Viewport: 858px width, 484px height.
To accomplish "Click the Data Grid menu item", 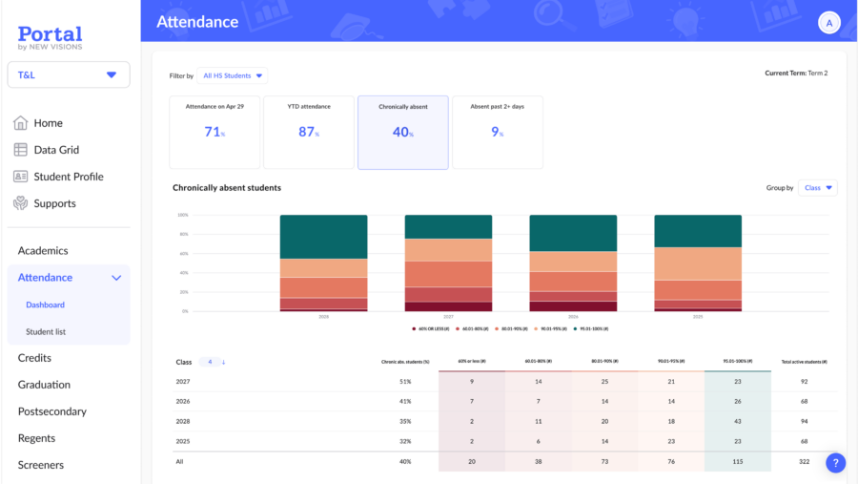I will click(x=56, y=150).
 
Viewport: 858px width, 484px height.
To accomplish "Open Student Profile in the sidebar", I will click(x=68, y=177).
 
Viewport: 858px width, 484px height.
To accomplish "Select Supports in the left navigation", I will click(x=54, y=203).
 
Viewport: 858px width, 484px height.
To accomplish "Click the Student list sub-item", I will click(x=46, y=331).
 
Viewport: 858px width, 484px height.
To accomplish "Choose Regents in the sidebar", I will click(x=36, y=438).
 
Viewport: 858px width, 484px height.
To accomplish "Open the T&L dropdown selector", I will click(x=69, y=74).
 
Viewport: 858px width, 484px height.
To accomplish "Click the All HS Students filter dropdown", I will click(x=233, y=75).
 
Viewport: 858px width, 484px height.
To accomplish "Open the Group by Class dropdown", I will click(x=818, y=188).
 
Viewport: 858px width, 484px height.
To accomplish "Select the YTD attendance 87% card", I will click(x=308, y=132).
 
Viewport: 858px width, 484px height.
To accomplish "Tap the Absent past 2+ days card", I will click(x=497, y=132).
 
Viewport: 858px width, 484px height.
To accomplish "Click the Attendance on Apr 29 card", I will click(x=214, y=132).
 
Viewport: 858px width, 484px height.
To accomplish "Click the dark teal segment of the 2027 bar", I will click(x=448, y=226).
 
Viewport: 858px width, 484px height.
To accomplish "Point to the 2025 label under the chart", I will click(x=698, y=317).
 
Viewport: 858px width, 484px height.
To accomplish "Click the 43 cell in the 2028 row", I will click(x=737, y=421).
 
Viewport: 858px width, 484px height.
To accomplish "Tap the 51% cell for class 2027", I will click(x=405, y=381).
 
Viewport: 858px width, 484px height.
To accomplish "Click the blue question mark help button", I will click(x=835, y=463).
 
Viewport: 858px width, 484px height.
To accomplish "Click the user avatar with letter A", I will click(x=828, y=23).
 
